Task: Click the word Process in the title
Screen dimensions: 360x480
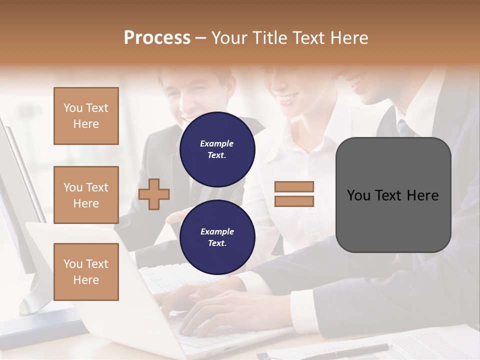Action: (x=157, y=38)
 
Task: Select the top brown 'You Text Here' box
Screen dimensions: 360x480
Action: (x=86, y=116)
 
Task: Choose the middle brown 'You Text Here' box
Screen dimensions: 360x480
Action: (x=86, y=195)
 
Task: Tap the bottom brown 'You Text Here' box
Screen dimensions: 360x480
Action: (x=86, y=271)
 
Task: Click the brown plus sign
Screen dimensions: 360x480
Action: (x=154, y=194)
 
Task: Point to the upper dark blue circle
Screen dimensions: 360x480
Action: (x=217, y=149)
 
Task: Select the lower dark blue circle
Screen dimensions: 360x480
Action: (x=217, y=237)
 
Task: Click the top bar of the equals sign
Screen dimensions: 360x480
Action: (x=294, y=186)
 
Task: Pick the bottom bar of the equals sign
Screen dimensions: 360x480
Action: (x=294, y=201)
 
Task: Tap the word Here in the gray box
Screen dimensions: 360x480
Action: (x=422, y=195)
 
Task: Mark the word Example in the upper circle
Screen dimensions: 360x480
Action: (x=217, y=143)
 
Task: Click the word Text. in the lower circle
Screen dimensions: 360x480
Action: (x=217, y=243)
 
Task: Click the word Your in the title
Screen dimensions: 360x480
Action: (x=230, y=38)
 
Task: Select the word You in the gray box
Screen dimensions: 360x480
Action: (x=358, y=195)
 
